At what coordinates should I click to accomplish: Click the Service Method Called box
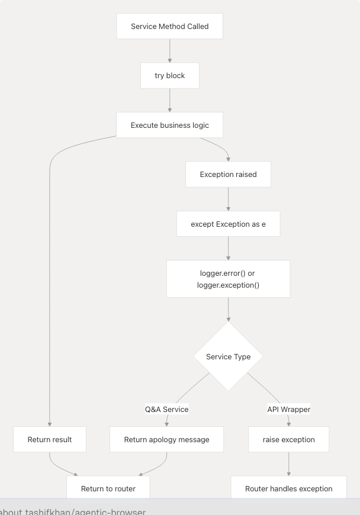pos(170,27)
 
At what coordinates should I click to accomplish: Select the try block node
pos(170,76)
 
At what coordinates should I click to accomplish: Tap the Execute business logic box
pos(170,125)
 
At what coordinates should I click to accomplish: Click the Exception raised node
pos(228,175)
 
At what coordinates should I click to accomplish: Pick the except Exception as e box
pos(228,224)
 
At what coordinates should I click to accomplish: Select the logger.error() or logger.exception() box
pos(228,279)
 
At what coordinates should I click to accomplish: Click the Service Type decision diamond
pos(228,356)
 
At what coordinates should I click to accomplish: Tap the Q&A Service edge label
pos(167,409)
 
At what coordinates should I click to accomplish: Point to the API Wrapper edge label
pos(289,409)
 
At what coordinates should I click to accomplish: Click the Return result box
pos(50,440)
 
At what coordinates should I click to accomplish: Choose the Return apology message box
pos(166,440)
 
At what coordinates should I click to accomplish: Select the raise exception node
pos(289,440)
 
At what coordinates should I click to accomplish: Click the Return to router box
pos(108,488)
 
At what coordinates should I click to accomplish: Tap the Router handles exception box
pos(289,488)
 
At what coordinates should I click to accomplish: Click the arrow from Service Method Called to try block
pos(170,51)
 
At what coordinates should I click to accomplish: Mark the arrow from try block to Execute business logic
pos(170,101)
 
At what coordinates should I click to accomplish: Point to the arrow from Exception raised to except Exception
pos(228,199)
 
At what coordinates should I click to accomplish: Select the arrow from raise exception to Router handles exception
pos(289,464)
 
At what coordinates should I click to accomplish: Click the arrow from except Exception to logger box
pos(228,249)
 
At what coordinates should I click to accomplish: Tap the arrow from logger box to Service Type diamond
pos(228,309)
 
